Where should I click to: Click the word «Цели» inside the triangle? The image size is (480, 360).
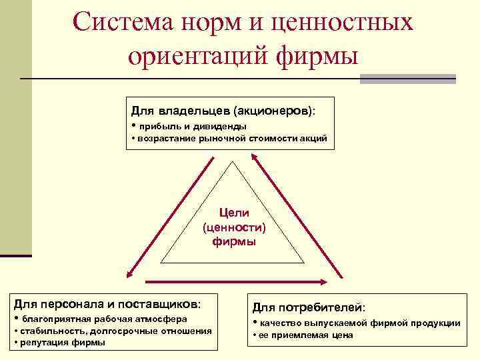click(x=235, y=213)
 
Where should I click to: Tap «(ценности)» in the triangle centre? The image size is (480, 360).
click(x=234, y=227)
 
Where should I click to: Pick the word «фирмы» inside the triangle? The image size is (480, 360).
click(x=234, y=241)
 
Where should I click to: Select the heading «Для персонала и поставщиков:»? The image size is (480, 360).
click(x=107, y=304)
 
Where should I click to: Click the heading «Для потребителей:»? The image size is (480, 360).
click(x=309, y=307)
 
